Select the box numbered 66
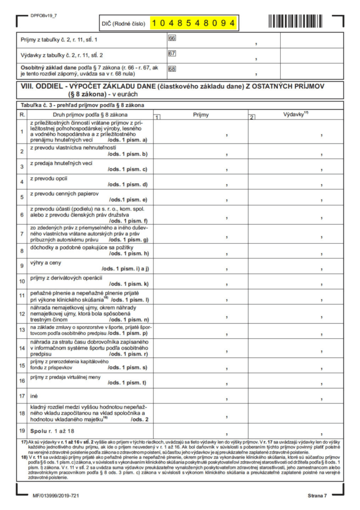tap(172, 38)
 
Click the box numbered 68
tap(172, 69)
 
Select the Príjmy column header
tap(201, 115)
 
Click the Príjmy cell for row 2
tap(201, 150)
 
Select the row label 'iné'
tap(35, 395)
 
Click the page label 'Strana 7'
tap(317, 496)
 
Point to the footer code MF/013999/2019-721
tap(55, 496)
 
